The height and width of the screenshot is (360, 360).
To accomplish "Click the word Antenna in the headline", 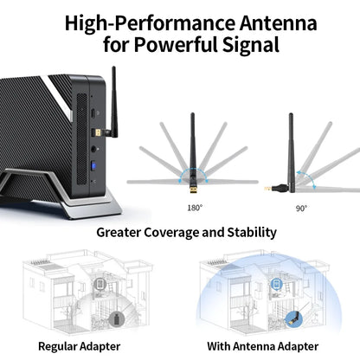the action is [279, 23].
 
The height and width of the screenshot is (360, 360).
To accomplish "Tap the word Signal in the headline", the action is [251, 45].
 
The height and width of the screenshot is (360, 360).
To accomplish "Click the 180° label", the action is [195, 208].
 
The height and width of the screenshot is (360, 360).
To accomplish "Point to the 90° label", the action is [301, 208].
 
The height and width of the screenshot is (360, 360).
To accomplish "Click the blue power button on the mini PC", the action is [93, 166].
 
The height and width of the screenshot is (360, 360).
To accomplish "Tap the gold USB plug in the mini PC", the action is [98, 133].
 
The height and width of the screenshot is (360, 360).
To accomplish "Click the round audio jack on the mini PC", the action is [93, 149].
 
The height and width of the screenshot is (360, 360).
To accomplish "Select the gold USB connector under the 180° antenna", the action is [193, 190].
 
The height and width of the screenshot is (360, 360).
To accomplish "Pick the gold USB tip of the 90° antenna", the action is [267, 189].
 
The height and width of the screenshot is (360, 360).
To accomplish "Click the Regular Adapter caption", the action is [79, 346].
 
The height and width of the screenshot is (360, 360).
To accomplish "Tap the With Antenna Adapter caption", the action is [262, 346].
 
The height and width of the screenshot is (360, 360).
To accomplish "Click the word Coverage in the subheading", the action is [171, 233].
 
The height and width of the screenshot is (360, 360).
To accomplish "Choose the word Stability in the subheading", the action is [252, 232].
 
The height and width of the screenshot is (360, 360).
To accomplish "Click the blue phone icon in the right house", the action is [277, 284].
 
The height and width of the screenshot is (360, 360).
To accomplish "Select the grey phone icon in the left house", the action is [100, 284].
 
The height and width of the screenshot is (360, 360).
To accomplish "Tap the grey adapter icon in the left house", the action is [116, 319].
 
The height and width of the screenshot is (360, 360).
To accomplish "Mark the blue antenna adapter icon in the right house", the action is [293, 319].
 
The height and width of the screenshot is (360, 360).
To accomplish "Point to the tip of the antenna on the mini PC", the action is [113, 67].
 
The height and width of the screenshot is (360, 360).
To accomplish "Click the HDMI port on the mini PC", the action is [93, 113].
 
